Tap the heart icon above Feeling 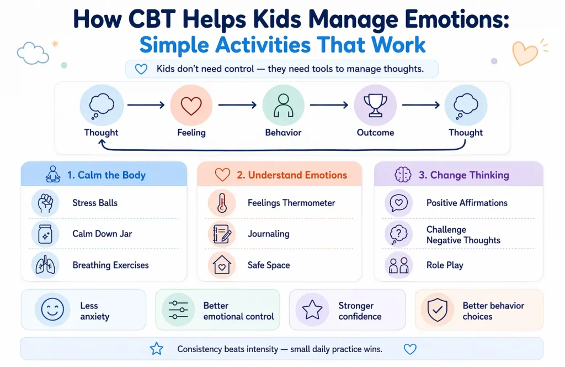click(191, 106)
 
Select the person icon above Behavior click(283, 106)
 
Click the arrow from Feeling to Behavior click(237, 104)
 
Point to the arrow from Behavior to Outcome click(329, 104)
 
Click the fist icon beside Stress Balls click(45, 203)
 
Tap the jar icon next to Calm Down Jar click(45, 234)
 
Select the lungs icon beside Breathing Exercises click(45, 265)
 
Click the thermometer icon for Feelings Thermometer click(221, 203)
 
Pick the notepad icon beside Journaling click(221, 234)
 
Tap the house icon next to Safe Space click(221, 265)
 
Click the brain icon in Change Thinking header click(403, 175)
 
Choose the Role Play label click(445, 265)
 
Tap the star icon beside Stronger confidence click(312, 311)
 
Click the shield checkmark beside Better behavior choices click(437, 311)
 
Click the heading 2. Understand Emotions click(292, 175)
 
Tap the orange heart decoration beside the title click(525, 53)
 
